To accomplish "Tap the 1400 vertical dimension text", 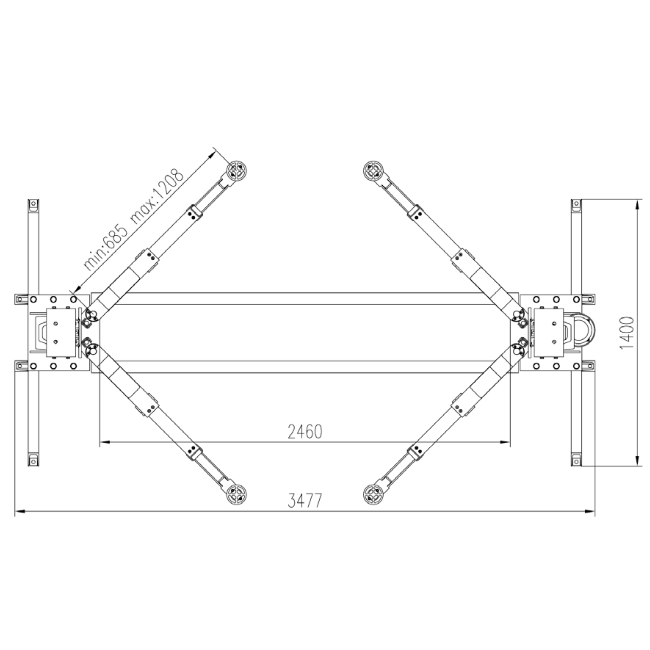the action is click(x=626, y=333).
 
